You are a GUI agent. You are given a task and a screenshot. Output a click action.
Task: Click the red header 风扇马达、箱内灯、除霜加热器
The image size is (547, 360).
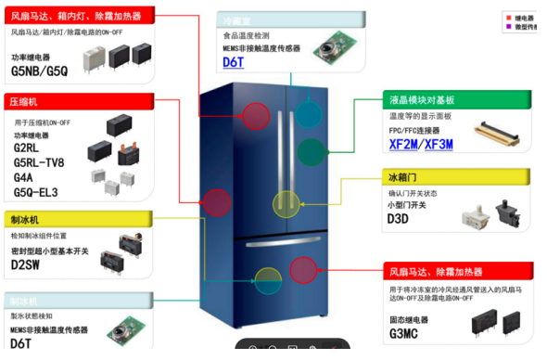[76, 16]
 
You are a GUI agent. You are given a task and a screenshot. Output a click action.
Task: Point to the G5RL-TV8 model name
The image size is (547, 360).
[38, 162]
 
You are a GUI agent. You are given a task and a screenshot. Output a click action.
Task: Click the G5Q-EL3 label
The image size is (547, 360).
[35, 192]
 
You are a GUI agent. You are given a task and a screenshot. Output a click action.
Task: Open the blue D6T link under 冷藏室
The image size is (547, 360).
[233, 63]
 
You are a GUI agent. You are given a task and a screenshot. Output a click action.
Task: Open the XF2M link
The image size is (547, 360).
[402, 145]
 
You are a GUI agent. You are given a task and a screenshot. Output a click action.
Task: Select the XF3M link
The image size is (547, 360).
[439, 145]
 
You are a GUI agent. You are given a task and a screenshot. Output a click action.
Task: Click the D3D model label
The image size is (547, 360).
[398, 219]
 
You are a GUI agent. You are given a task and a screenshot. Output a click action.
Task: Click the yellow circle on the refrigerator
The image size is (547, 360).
[287, 203]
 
